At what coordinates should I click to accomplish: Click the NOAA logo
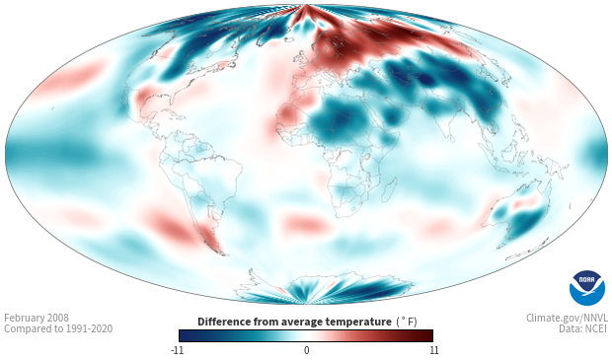tap(587, 288)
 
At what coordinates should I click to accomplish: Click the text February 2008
tap(37, 319)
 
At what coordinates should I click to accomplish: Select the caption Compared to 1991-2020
tap(58, 329)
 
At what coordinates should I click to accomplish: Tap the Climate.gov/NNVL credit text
tap(567, 319)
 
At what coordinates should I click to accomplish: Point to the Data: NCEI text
tap(583, 329)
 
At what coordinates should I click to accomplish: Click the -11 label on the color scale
tap(177, 350)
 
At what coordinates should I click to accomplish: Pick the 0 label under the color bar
tap(306, 350)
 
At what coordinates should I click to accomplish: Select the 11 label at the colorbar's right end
tap(434, 350)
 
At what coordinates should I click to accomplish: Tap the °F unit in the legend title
tap(407, 323)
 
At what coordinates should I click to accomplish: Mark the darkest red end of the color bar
tap(430, 335)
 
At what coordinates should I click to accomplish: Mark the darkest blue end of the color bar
tap(183, 335)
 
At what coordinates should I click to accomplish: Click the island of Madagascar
tap(389, 188)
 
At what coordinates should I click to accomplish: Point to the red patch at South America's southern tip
tap(211, 239)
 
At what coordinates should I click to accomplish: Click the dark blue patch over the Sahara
tap(339, 119)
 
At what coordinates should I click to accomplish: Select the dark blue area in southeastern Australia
tap(526, 222)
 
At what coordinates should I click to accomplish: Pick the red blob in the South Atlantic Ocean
tap(304, 224)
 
